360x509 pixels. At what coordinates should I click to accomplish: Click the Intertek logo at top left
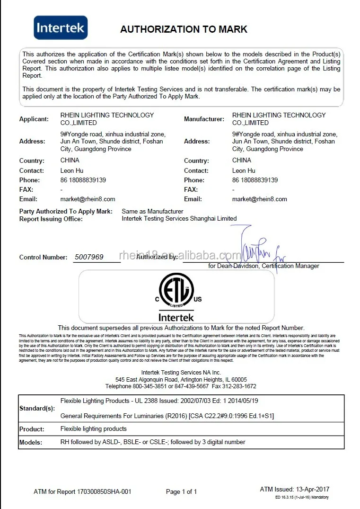60,27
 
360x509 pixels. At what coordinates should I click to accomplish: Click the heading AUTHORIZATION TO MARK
184,29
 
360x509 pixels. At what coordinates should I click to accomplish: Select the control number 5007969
89,257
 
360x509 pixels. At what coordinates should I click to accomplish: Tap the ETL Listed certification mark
176,291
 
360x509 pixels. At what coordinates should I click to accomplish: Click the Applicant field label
34,119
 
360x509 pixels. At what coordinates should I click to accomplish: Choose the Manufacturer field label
204,119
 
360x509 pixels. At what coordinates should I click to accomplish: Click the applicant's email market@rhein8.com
88,199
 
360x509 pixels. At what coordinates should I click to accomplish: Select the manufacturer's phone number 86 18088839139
255,180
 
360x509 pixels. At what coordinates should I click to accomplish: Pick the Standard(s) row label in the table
37,408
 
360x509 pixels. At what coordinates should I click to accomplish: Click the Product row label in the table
32,429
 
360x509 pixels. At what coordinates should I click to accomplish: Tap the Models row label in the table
31,442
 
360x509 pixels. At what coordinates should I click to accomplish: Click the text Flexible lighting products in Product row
94,429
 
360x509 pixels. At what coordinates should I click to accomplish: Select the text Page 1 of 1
181,491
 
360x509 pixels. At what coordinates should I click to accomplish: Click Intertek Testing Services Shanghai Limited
179,219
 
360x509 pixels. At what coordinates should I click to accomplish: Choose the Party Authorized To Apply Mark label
66,211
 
